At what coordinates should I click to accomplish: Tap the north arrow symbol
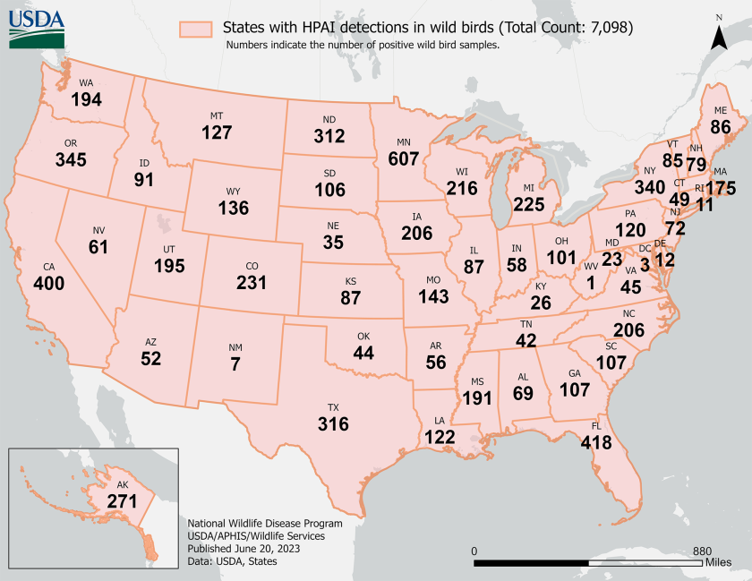pos(719,35)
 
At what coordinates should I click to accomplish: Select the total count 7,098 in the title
pos(608,28)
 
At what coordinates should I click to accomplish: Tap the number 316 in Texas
pos(333,423)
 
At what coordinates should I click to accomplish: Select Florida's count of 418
pos(596,442)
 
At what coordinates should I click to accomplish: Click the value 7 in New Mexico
pos(235,364)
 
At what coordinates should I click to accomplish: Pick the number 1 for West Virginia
pos(591,284)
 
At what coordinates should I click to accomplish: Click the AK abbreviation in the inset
pos(123,484)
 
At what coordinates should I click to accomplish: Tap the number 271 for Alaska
pos(123,501)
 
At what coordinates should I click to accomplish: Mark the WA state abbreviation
pos(86,83)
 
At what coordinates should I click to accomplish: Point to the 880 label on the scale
pos(701,551)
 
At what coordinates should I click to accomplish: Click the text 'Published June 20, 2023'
pos(244,548)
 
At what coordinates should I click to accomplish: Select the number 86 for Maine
pos(721,127)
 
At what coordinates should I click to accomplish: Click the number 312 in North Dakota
pos(329,137)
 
